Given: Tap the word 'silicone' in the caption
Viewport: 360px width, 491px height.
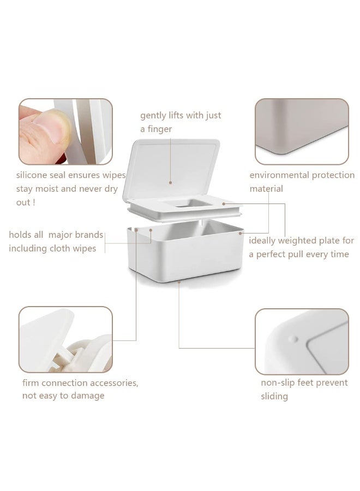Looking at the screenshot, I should pos(34,176).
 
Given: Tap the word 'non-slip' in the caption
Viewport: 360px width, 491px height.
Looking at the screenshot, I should pos(279,382).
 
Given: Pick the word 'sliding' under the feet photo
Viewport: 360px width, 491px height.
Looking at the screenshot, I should pos(274,396).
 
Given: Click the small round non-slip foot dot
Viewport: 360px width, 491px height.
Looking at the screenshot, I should pos(293,339).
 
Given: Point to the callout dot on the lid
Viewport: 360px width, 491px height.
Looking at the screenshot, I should pos(170,183).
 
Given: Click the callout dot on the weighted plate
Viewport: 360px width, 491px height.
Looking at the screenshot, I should pos(224,204).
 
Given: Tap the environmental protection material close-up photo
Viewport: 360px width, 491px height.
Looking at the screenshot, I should pos(302,131).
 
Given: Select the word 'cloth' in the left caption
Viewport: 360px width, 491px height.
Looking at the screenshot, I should pos(61,248).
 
